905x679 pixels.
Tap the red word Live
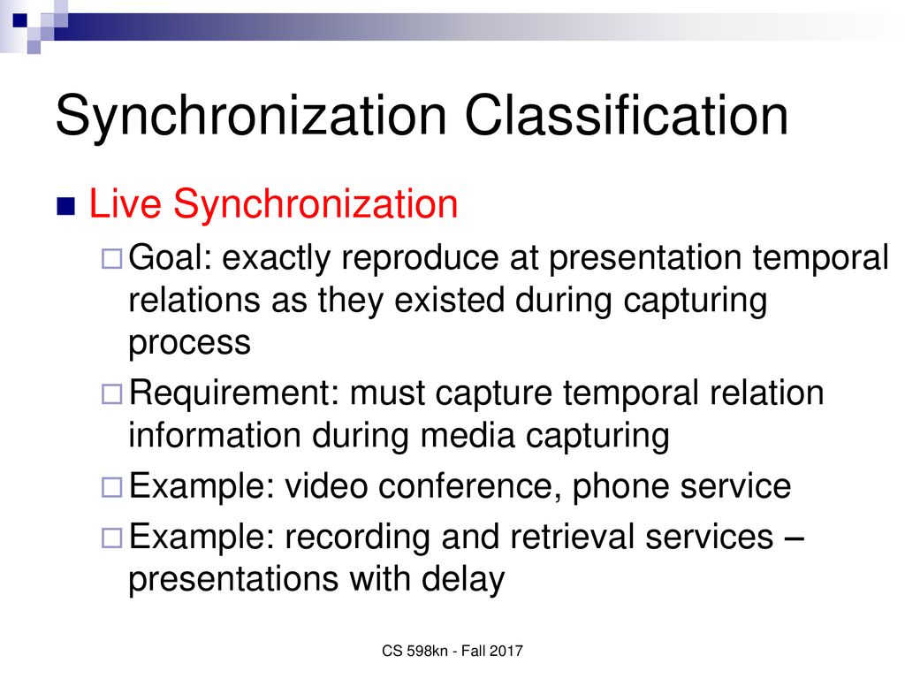coord(125,204)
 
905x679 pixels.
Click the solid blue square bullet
coord(65,207)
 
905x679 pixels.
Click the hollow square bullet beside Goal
coord(112,259)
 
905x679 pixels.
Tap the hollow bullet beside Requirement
coord(112,394)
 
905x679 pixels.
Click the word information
coord(214,435)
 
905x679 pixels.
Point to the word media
coord(467,435)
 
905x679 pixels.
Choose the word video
coord(326,485)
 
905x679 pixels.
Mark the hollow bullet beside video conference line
coord(112,487)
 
